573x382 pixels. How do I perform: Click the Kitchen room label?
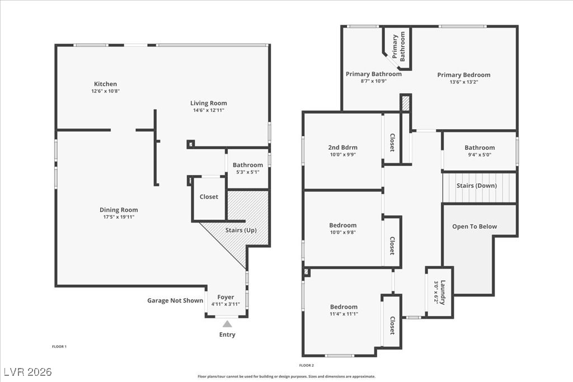click(105, 84)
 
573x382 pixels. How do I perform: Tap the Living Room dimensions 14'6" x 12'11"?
click(209, 110)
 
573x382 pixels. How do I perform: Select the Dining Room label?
click(119, 210)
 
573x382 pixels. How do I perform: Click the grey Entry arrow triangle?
click(227, 323)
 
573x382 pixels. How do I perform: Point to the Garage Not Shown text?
click(175, 300)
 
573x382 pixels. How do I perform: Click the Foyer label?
click(226, 297)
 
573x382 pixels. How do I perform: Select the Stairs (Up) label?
click(242, 230)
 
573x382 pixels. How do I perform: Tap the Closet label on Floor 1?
click(209, 197)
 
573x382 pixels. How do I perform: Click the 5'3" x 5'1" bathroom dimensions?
click(247, 172)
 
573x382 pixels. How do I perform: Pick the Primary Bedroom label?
click(463, 75)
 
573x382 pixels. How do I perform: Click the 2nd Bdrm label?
click(342, 148)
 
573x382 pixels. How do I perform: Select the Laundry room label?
click(443, 292)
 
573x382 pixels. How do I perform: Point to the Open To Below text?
click(475, 227)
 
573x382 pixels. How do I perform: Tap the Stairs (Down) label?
click(477, 186)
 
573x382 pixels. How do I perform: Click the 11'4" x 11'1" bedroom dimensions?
click(343, 314)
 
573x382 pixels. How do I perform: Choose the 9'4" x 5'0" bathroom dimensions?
click(480, 155)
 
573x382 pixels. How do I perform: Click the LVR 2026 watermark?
click(27, 372)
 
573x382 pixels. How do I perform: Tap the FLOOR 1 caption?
click(59, 347)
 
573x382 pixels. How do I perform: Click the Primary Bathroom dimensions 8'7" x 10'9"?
click(373, 81)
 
